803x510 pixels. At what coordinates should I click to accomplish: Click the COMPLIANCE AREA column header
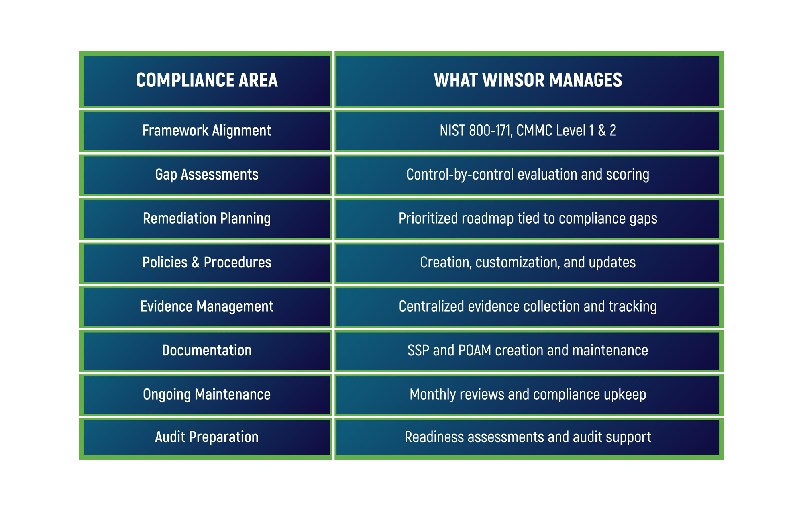point(207,80)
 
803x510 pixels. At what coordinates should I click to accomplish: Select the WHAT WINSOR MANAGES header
point(528,80)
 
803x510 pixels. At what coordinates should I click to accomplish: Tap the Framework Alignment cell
point(207,131)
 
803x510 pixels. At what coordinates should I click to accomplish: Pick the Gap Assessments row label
point(207,174)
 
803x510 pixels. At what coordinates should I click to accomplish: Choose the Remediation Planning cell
point(207,218)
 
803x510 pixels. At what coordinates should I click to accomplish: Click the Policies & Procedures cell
point(207,262)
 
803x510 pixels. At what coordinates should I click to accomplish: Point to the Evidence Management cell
point(207,306)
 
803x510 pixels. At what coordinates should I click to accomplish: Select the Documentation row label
point(207,350)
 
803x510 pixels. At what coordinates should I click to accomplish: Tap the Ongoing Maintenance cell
point(207,394)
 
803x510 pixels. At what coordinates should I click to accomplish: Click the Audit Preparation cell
point(207,437)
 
